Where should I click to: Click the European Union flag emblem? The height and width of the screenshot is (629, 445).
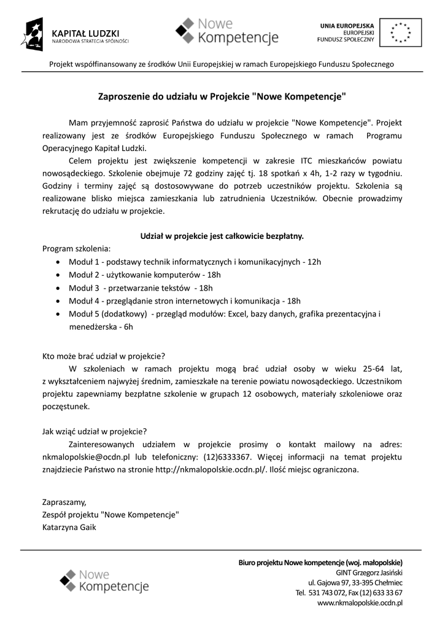point(401,33)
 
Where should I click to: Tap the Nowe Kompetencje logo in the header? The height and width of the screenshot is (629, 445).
point(226,32)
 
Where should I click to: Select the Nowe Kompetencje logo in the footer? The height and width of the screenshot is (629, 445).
point(104,581)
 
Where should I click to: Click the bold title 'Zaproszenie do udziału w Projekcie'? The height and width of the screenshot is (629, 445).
point(222,96)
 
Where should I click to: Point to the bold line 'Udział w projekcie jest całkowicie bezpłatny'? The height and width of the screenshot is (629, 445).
point(222,235)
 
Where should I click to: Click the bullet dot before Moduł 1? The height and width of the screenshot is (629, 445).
point(58,262)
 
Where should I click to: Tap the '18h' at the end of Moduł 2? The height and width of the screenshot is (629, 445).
point(214,275)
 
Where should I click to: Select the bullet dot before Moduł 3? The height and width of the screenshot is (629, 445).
point(58,288)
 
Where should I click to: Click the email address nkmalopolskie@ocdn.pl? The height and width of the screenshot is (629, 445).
point(86,457)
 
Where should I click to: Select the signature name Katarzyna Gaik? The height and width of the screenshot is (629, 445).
point(69,527)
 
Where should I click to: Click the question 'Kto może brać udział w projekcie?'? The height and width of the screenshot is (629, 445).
point(103,356)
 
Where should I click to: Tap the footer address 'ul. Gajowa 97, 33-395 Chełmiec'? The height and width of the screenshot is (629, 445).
point(355,582)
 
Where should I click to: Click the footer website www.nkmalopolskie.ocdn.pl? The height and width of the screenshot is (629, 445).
point(360,603)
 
